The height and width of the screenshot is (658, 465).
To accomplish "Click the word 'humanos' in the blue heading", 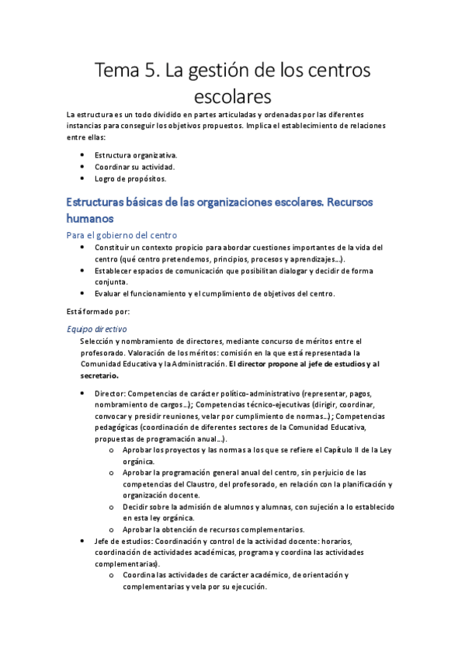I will (90, 219).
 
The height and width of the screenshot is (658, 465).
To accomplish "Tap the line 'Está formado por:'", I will (98, 311).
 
